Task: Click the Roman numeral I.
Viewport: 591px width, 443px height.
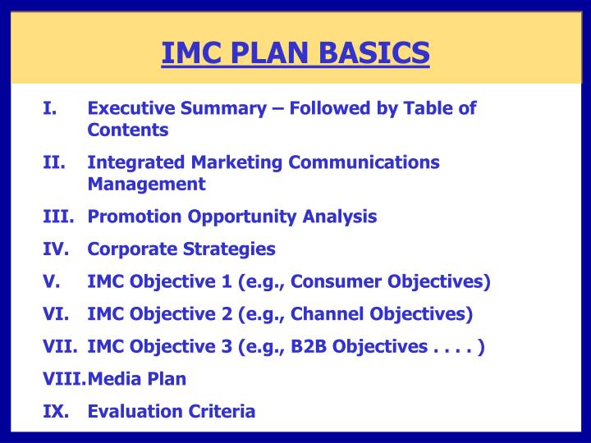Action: click(x=49, y=108)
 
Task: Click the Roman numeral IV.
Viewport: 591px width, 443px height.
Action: click(x=55, y=249)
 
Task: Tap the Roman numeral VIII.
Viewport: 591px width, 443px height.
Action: click(x=64, y=378)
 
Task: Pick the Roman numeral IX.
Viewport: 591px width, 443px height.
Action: click(x=55, y=411)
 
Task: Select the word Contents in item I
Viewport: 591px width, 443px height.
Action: click(x=128, y=130)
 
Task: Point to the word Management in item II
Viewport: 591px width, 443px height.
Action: click(x=146, y=184)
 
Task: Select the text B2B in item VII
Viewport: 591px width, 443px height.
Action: click(x=309, y=346)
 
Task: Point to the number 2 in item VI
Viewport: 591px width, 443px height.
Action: click(x=224, y=313)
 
